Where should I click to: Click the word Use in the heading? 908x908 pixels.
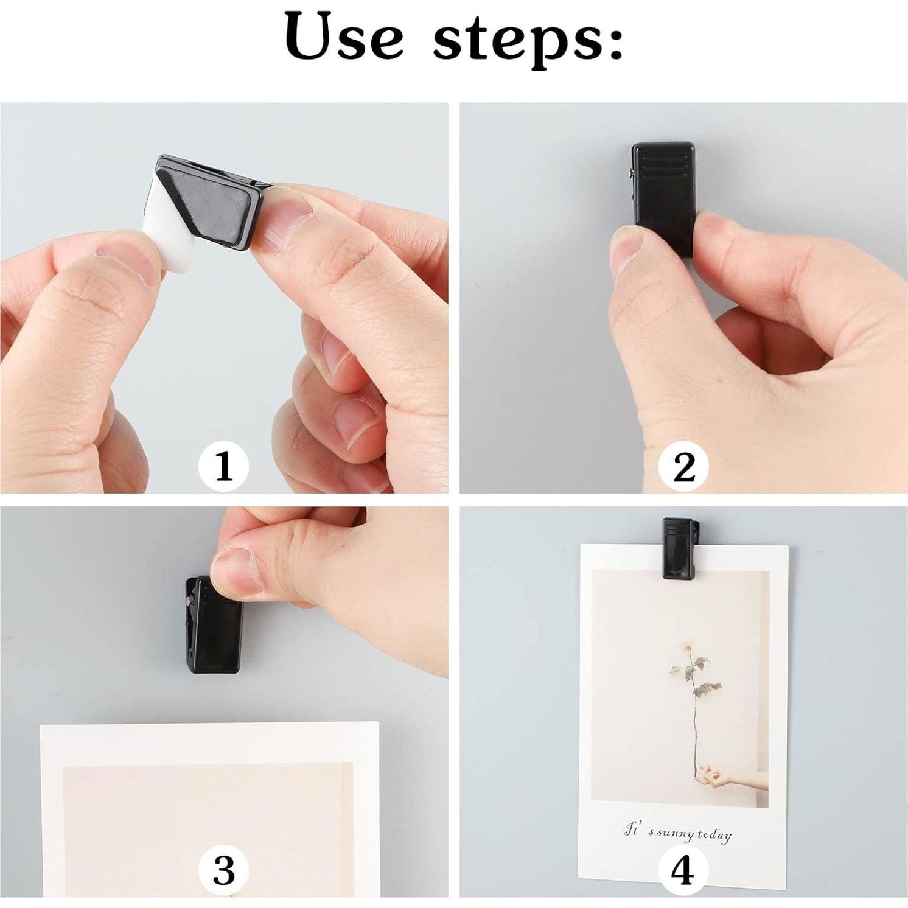point(344,37)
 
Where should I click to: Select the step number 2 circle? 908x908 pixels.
point(683,467)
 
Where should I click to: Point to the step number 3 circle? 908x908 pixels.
point(224,870)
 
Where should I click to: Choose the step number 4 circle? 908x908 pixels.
point(682,870)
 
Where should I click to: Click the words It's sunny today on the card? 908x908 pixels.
point(678,832)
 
